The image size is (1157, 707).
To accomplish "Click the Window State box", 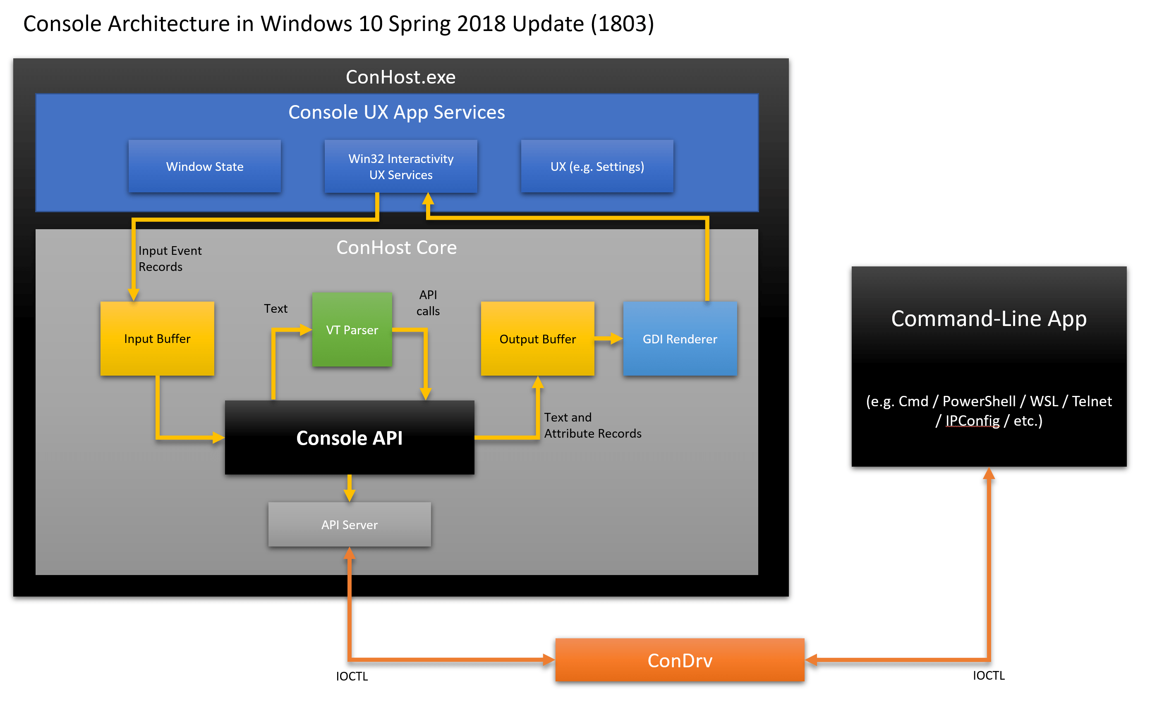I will (205, 167).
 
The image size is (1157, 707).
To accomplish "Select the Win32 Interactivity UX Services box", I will (400, 167).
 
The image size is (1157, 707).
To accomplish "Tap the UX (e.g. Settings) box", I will (597, 167).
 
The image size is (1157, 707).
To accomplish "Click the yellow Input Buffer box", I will (157, 338).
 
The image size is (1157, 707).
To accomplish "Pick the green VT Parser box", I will (352, 330).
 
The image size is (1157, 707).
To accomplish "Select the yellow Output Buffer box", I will (537, 339).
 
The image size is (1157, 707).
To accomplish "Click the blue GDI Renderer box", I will (680, 339).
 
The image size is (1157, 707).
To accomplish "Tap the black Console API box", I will (350, 438).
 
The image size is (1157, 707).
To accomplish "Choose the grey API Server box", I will (350, 525).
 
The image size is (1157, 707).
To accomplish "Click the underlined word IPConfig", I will (972, 421).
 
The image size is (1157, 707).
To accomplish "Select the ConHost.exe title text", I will (400, 77).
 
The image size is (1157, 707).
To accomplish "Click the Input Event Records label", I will (170, 259).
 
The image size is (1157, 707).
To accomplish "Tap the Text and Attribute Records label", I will (592, 425).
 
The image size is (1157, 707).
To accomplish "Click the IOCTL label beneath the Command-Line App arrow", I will (988, 676).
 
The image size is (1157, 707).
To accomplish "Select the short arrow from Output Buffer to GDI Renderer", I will (608, 338).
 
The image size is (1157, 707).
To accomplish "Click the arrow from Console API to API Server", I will (350, 489).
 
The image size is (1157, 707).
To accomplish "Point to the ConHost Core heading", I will (396, 247).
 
